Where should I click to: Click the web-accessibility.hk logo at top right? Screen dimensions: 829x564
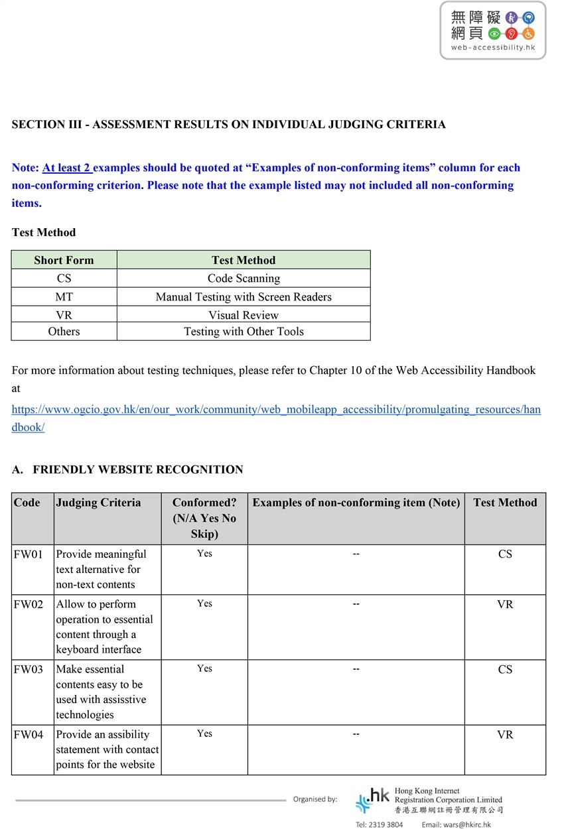[x=492, y=31]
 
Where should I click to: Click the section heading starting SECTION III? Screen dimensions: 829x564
[x=228, y=125]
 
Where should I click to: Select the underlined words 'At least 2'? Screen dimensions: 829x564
[x=67, y=168]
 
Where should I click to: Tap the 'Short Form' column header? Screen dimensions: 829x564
[x=64, y=260]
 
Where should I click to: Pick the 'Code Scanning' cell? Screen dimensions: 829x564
[x=244, y=279]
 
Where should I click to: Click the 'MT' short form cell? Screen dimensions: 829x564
[x=64, y=296]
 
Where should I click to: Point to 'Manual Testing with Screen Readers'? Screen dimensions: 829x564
[x=244, y=296]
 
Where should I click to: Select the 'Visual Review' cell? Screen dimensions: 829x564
[x=244, y=315]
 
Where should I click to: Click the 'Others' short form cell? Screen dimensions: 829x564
[x=64, y=332]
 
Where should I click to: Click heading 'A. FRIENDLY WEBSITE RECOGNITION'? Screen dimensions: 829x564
[x=127, y=470]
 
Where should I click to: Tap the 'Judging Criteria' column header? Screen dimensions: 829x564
[x=98, y=503]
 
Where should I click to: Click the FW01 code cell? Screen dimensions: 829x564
[x=28, y=554]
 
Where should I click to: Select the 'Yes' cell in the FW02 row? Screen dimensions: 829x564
[x=204, y=604]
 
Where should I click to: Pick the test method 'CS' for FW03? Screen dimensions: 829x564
[x=505, y=670]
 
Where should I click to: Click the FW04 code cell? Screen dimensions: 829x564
[x=28, y=735]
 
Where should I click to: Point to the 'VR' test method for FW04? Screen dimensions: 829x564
[x=505, y=735]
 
